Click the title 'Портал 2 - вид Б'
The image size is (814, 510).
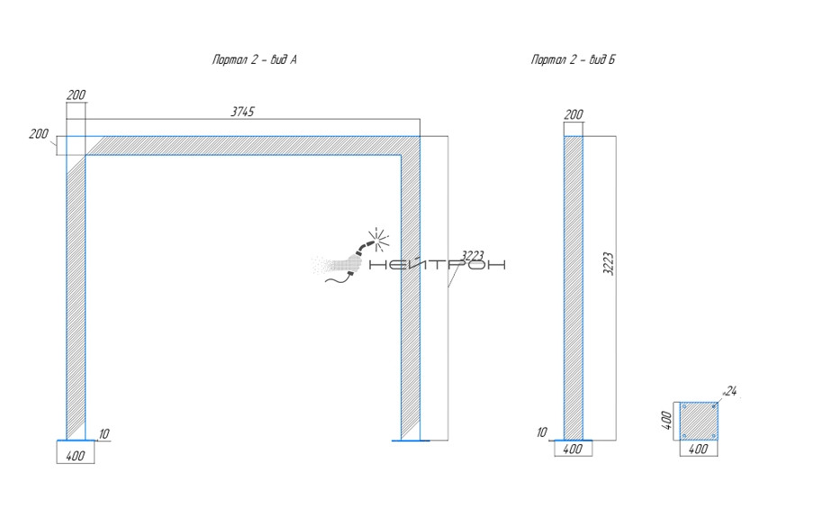pyautogui.click(x=573, y=60)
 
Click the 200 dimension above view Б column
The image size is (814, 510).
pyautogui.click(x=573, y=114)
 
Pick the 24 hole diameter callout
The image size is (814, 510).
pyautogui.click(x=730, y=391)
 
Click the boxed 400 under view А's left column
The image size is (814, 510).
pyautogui.click(x=76, y=456)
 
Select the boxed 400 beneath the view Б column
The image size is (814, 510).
pyautogui.click(x=573, y=449)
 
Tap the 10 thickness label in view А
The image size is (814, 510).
pyautogui.click(x=104, y=434)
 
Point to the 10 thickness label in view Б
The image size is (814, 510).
pyautogui.click(x=541, y=433)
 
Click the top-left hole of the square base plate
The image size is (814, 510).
pyautogui.click(x=685, y=407)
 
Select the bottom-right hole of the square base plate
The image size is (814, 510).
pyautogui.click(x=713, y=435)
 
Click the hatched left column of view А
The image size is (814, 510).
pyautogui.click(x=77, y=297)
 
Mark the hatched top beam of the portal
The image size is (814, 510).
pyautogui.click(x=252, y=146)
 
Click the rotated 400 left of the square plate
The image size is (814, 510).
pyautogui.click(x=667, y=421)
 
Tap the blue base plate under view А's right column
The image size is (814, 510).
pyautogui.click(x=411, y=441)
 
